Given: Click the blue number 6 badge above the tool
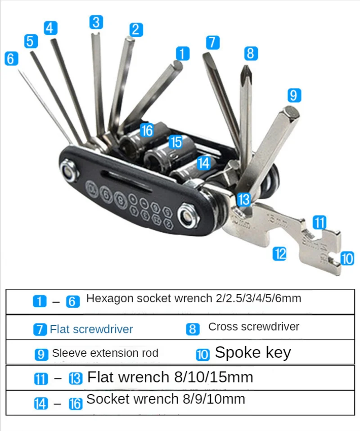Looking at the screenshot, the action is pyautogui.click(x=11, y=59).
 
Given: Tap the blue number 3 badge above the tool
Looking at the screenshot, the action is pyautogui.click(x=96, y=22).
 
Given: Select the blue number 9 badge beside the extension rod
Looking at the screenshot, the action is pyautogui.click(x=293, y=95).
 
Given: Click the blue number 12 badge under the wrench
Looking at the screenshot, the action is pyautogui.click(x=279, y=254).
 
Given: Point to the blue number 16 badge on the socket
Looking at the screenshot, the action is pyautogui.click(x=147, y=130).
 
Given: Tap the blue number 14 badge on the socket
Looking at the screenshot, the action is pyautogui.click(x=204, y=163).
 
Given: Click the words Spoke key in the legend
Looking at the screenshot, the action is pyautogui.click(x=253, y=353).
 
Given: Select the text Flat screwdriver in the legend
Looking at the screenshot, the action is pyautogui.click(x=91, y=329).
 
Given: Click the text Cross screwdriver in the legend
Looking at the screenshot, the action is pyautogui.click(x=254, y=327).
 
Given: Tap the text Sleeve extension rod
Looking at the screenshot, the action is pyautogui.click(x=105, y=353).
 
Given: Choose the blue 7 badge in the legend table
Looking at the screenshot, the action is pyautogui.click(x=40, y=329).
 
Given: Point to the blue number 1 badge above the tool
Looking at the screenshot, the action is pyautogui.click(x=182, y=54).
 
